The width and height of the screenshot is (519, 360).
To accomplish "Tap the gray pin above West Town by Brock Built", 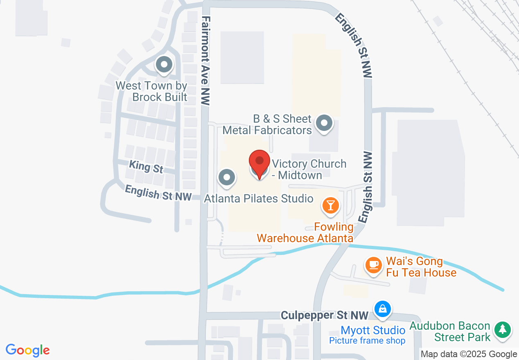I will point(164,65).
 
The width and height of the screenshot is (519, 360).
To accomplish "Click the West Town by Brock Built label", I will point(152,91).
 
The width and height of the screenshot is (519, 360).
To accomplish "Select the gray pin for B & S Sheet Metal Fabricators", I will point(325,123).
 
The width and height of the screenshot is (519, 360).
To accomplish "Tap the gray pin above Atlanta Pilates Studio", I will point(227,178).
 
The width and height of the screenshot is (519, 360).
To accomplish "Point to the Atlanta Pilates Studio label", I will point(259,199).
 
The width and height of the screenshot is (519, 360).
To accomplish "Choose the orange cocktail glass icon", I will point(330,205).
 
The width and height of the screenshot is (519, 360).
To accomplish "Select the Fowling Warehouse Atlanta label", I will point(305,232).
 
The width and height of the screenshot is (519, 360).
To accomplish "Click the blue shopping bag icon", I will point(382,309).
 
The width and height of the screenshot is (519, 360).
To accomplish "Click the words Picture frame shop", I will point(367,341).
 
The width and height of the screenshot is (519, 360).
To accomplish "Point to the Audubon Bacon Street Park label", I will point(450,331).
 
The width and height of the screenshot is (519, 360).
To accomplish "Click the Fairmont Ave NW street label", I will point(206,61).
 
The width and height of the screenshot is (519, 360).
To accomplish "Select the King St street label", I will point(146,166).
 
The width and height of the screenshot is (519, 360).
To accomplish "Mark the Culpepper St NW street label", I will point(325,315).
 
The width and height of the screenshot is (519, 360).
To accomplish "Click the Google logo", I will point(27,350).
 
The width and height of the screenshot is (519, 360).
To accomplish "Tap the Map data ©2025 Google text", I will point(469,354).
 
